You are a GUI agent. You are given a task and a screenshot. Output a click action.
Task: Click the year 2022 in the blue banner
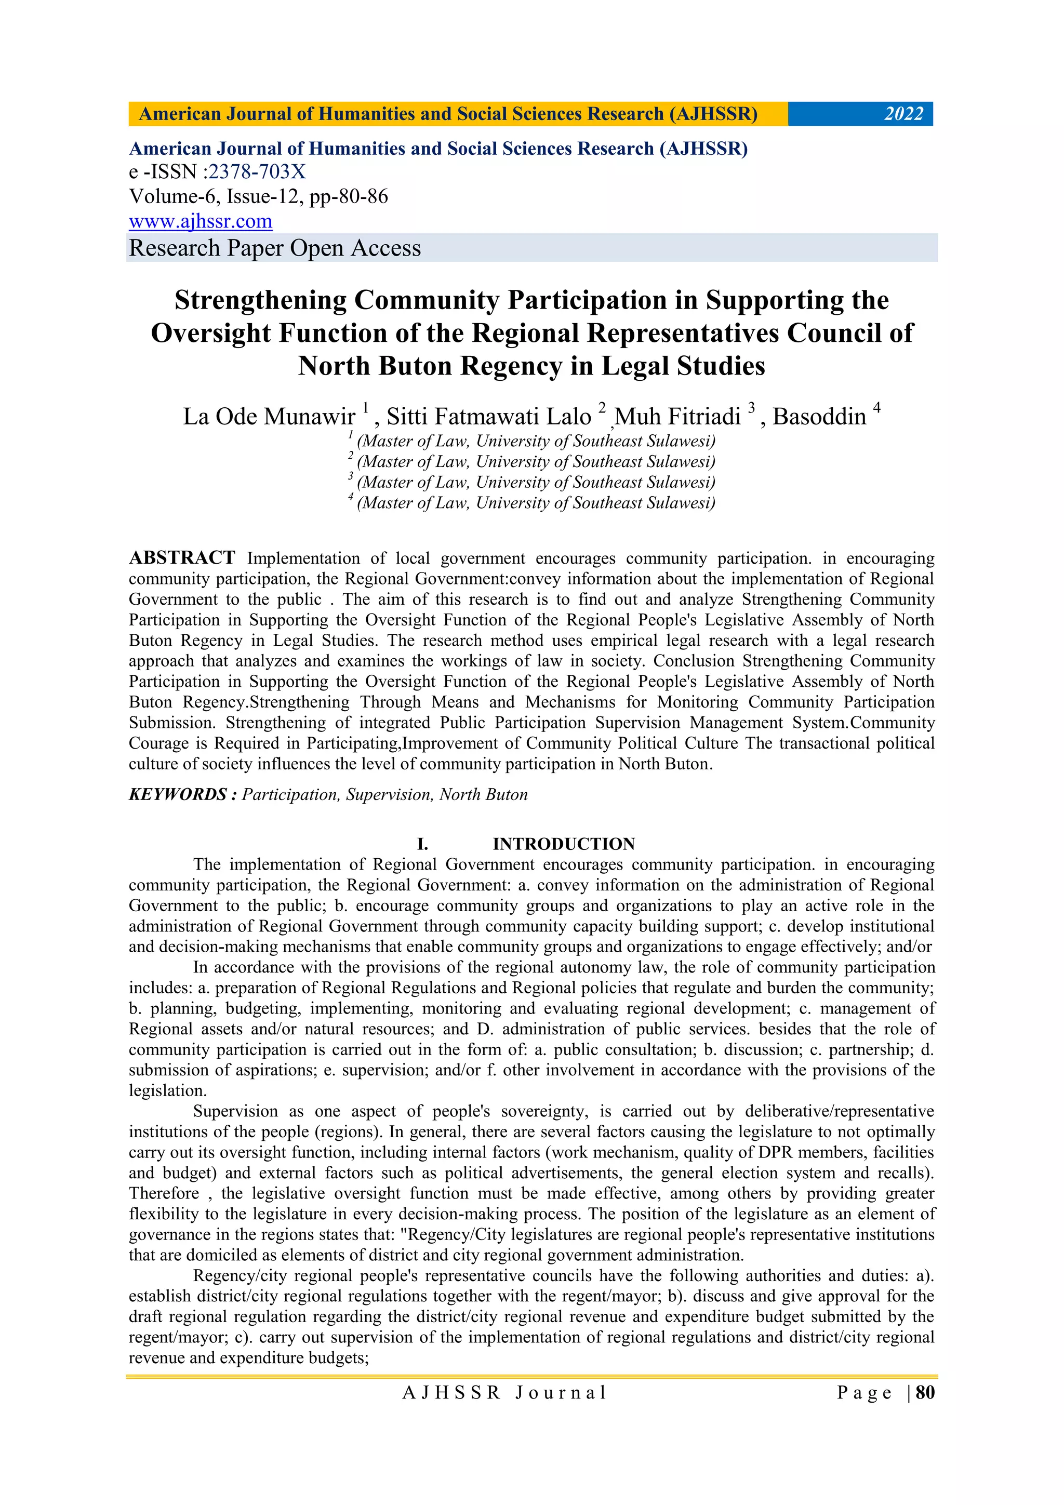point(903,114)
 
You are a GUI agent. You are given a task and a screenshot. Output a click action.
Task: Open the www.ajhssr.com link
point(201,221)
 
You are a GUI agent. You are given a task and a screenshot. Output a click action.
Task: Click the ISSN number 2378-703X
point(257,172)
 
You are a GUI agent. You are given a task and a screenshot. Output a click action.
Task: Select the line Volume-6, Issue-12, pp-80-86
point(258,197)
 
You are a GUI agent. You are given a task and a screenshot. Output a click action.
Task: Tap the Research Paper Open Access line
point(275,248)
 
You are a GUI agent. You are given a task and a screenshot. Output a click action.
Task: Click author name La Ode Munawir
point(269,417)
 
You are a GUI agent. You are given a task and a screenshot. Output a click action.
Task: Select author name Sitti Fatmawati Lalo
point(488,417)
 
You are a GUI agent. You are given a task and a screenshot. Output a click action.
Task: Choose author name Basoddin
point(819,417)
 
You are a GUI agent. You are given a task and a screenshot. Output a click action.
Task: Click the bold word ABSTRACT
point(182,558)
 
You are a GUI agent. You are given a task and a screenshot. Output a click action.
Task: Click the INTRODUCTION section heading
point(564,844)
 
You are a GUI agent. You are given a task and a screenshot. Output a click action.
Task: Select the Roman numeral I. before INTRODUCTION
point(423,844)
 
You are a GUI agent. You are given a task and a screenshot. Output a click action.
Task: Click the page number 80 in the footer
point(924,1392)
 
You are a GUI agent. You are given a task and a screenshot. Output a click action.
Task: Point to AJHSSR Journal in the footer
point(505,1392)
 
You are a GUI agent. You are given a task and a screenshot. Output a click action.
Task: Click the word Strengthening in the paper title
point(260,300)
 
